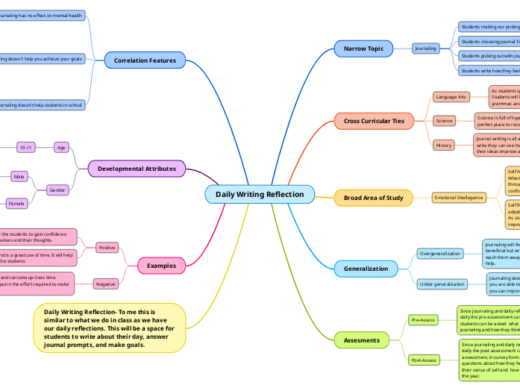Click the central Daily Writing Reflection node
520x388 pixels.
(x=260, y=195)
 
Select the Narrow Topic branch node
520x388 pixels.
(x=363, y=48)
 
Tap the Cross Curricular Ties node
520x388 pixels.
(x=373, y=121)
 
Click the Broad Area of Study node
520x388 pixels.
(x=373, y=198)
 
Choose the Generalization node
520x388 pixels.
(x=366, y=269)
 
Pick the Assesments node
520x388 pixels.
(x=361, y=340)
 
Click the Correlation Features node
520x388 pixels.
(x=145, y=60)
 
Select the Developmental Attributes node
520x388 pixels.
(x=137, y=169)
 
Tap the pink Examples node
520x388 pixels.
(x=161, y=266)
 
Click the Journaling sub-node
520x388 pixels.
(x=426, y=48)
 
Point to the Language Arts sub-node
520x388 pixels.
(x=451, y=97)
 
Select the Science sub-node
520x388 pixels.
(x=444, y=121)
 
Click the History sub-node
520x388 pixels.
(x=444, y=145)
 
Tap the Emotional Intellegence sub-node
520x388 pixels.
(x=459, y=198)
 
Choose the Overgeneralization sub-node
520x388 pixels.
(x=439, y=254)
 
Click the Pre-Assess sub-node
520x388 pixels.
(x=423, y=320)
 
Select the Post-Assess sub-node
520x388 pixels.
(x=424, y=360)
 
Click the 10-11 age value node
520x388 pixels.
(x=26, y=148)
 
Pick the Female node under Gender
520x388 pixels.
(x=16, y=204)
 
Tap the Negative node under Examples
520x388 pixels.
(x=106, y=284)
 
